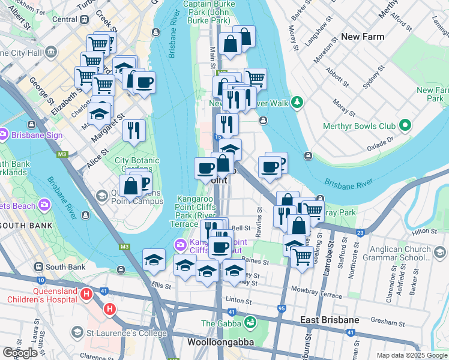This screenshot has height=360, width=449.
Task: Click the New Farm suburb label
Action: tap(362, 37)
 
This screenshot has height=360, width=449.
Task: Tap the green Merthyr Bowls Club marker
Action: tap(406, 125)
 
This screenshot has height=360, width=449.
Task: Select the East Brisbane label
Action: tap(330, 320)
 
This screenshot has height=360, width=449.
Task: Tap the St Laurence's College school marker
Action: tap(77, 332)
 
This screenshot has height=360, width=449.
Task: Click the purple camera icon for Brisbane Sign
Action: tap(4, 135)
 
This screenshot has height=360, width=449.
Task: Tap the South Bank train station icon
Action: tap(38, 266)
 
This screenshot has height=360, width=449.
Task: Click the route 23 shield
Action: tap(360, 232)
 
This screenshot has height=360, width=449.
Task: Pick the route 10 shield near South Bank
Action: tap(40, 280)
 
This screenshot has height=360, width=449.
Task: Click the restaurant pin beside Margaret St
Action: tap(134, 130)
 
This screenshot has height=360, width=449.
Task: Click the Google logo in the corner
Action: tap(20, 353)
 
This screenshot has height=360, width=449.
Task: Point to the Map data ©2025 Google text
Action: tap(411, 355)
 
